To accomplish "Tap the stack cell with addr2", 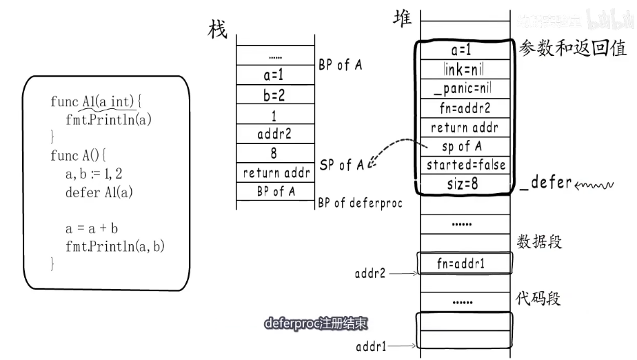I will (x=274, y=134).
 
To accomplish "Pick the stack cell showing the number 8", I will (x=274, y=154).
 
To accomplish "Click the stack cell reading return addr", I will (x=276, y=172).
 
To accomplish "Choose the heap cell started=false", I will (x=465, y=165).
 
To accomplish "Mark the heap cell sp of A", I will (x=462, y=146).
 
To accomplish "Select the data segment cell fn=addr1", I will (x=463, y=263).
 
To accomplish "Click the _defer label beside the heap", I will (x=546, y=183).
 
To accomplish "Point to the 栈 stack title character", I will (x=218, y=29).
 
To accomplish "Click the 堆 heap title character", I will (x=402, y=19).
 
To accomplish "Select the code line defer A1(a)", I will (x=99, y=192).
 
